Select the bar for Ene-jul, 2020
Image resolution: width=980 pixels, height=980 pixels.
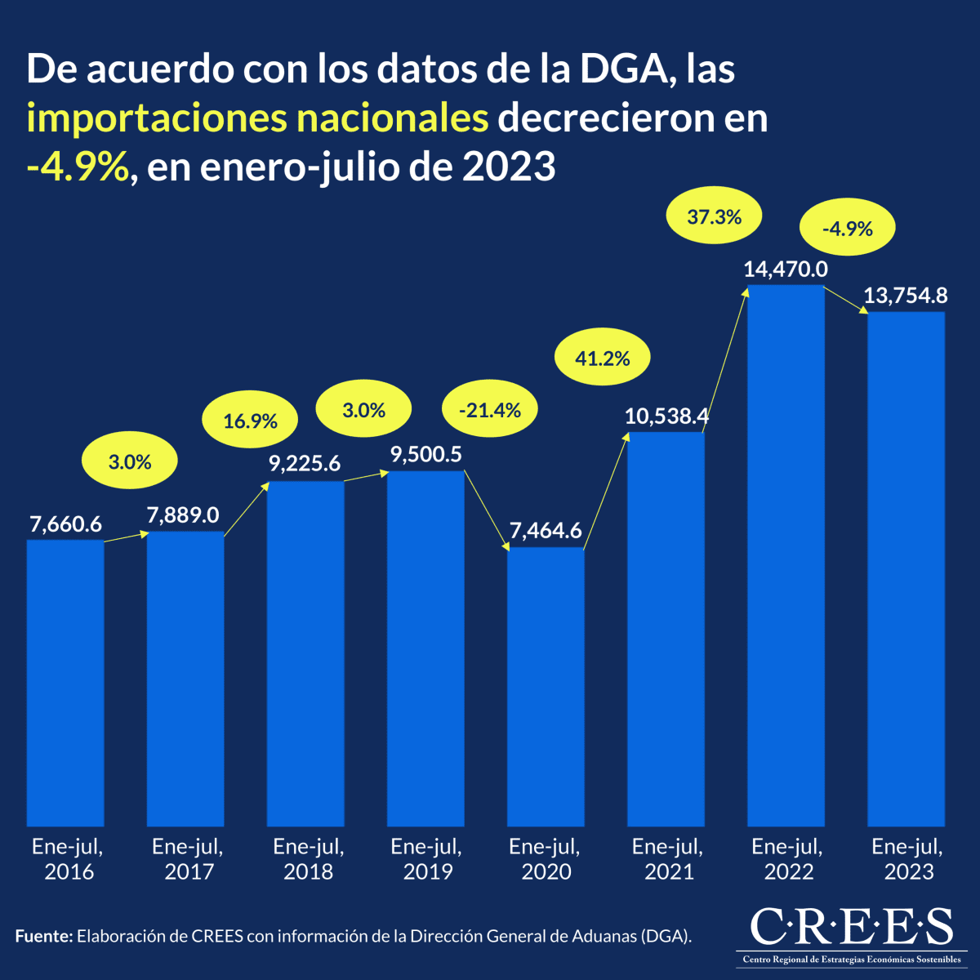click(546, 686)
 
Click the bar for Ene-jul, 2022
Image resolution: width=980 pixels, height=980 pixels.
click(786, 555)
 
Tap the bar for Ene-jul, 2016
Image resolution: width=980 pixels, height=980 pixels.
click(65, 682)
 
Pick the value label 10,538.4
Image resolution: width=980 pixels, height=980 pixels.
click(666, 416)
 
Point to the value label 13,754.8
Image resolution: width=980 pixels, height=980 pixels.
click(905, 296)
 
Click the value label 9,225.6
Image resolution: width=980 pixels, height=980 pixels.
click(305, 464)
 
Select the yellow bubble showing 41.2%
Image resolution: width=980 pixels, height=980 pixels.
click(603, 358)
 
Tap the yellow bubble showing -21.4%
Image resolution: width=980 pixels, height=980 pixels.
click(489, 410)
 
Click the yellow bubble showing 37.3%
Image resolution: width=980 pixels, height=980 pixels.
click(714, 216)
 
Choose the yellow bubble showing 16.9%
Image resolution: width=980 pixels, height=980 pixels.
click(251, 421)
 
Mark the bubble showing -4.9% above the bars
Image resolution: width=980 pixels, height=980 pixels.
click(847, 229)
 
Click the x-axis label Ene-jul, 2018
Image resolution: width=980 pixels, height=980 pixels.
click(308, 859)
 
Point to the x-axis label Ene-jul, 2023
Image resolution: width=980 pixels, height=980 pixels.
click(907, 859)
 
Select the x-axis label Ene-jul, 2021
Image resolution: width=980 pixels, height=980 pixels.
click(668, 859)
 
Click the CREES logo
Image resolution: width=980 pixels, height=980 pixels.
click(851, 934)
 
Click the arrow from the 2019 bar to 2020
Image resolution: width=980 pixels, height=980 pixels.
click(486, 509)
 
